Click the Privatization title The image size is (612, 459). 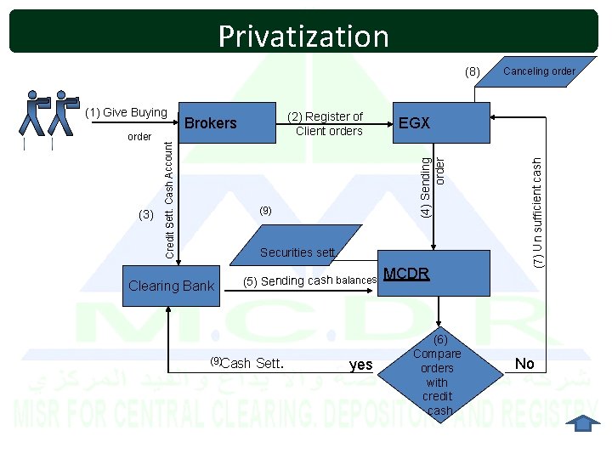303,36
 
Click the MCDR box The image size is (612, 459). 434,275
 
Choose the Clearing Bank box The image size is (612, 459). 171,286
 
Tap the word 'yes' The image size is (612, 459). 361,365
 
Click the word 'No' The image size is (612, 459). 524,364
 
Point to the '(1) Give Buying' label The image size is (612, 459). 127,113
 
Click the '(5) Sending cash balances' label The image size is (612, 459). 309,280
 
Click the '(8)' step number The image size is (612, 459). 473,71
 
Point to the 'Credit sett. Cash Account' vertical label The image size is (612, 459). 169,199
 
